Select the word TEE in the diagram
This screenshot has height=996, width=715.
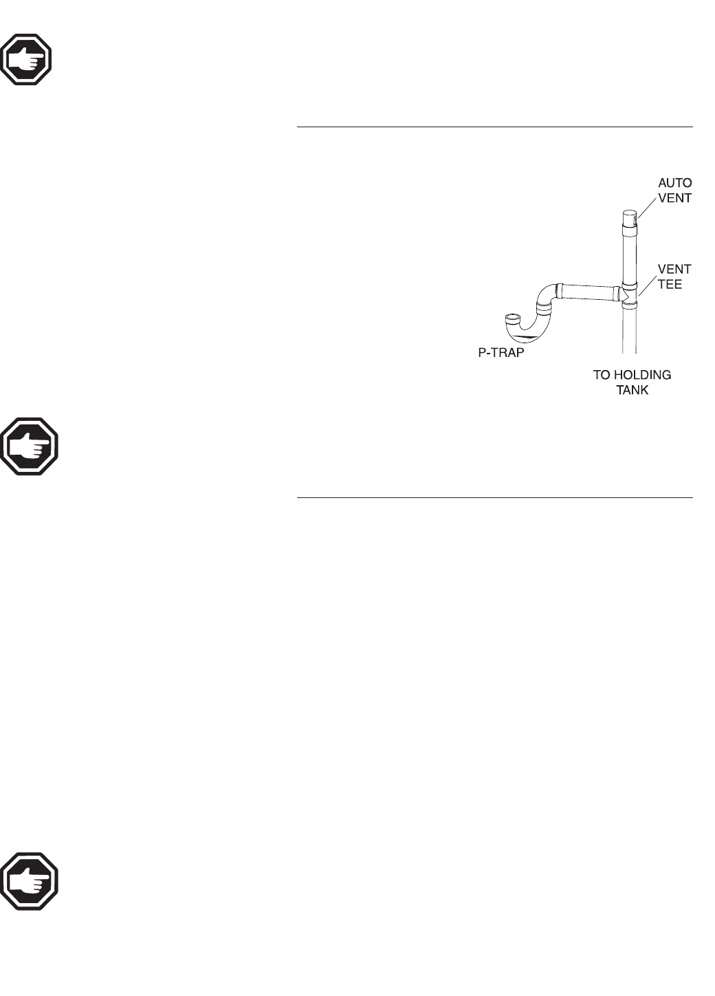pos(670,284)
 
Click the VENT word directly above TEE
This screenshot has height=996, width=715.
pos(674,269)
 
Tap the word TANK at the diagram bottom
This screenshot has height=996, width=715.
pos(632,391)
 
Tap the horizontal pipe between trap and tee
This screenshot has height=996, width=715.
pos(588,294)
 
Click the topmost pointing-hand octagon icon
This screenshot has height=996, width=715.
pos(27,58)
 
